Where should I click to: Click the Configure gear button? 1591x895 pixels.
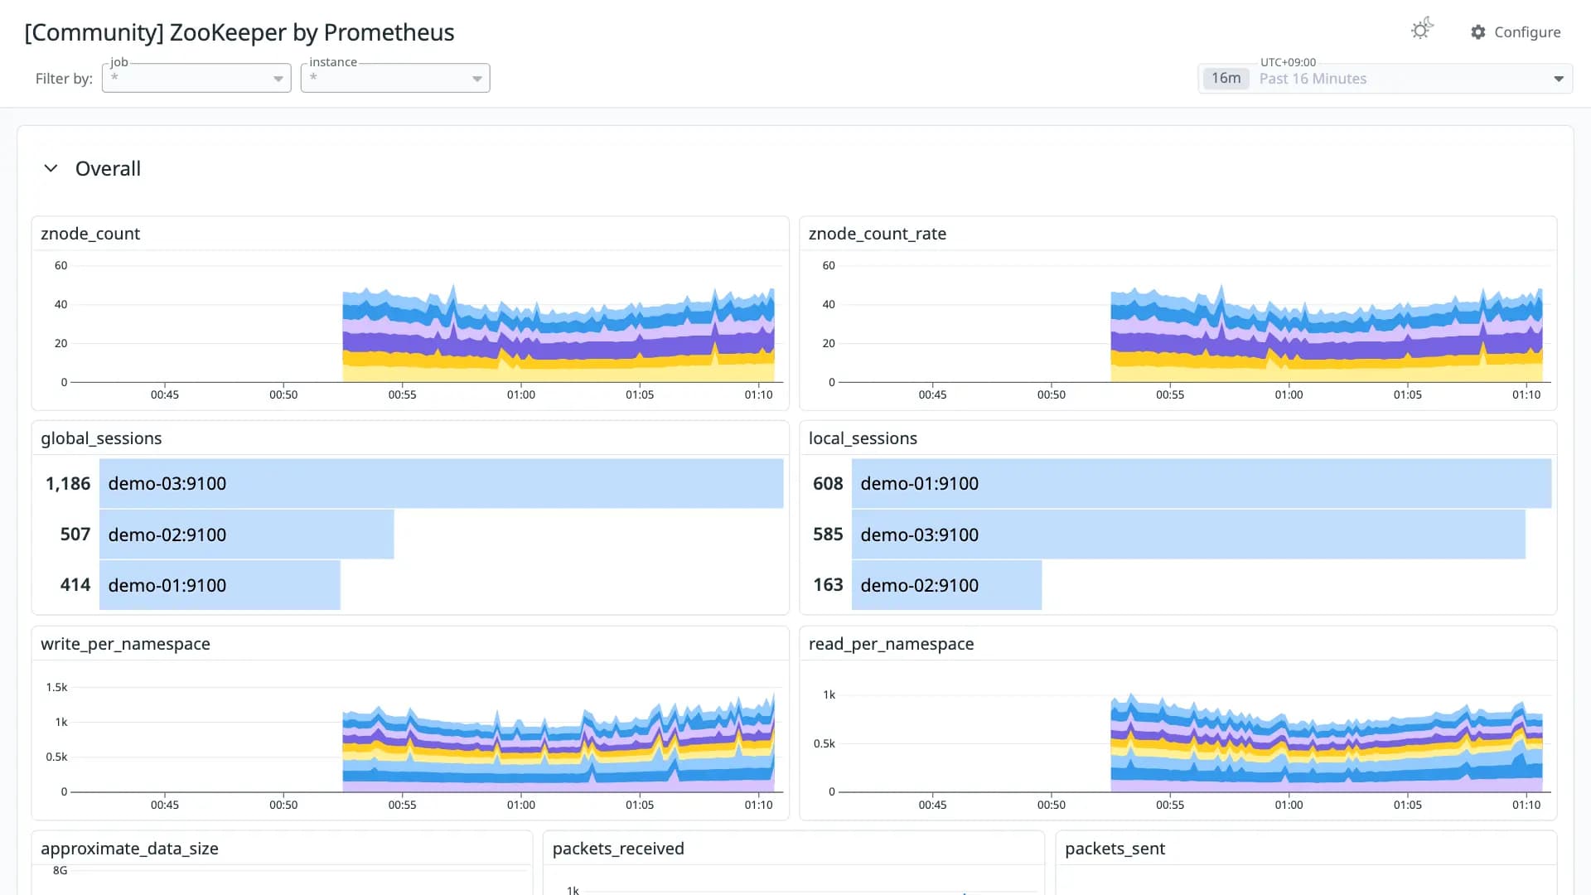(1516, 32)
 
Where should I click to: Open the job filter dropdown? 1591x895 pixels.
(196, 78)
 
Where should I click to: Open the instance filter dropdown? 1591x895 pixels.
(395, 78)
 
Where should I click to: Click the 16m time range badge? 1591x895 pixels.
(1226, 79)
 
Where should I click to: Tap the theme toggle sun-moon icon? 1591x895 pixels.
(1422, 30)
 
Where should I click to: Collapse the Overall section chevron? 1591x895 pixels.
(51, 168)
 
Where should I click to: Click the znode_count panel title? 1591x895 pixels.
(90, 234)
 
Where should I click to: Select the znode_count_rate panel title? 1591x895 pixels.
(877, 234)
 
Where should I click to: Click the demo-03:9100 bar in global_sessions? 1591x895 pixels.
(441, 483)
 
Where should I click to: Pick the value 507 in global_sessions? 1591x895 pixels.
(75, 535)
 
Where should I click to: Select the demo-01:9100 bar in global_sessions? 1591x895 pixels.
(220, 585)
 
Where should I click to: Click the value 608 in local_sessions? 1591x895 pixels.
(827, 483)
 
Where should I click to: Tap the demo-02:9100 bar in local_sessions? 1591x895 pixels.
(946, 585)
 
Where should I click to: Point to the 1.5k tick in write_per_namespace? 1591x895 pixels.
(56, 687)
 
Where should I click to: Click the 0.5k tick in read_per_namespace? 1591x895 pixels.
(824, 743)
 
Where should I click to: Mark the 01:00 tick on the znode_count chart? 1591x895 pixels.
(521, 394)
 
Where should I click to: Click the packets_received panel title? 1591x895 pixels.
(618, 849)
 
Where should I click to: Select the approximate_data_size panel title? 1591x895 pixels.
(129, 849)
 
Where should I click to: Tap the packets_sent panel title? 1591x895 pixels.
(1115, 849)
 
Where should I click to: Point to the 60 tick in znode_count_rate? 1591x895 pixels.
(829, 265)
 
